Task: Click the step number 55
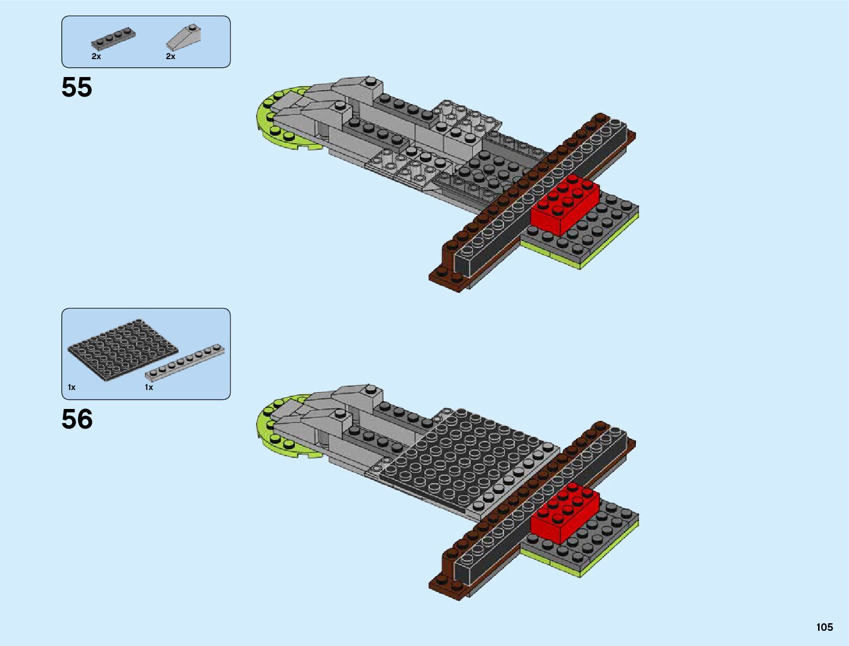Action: pyautogui.click(x=76, y=87)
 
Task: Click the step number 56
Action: pyautogui.click(x=77, y=419)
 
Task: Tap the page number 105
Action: pyautogui.click(x=824, y=627)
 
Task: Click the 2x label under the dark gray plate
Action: pyautogui.click(x=96, y=56)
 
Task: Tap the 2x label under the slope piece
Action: pyautogui.click(x=170, y=56)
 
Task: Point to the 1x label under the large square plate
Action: pyautogui.click(x=72, y=387)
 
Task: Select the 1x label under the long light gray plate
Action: pyautogui.click(x=149, y=387)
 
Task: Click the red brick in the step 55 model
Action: pyautogui.click(x=564, y=206)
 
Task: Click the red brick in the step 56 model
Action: pyautogui.click(x=564, y=513)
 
